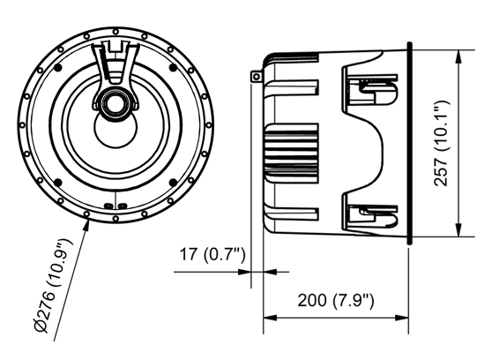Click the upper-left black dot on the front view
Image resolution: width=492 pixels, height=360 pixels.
pos(59,68)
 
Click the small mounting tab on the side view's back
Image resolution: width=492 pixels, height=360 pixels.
pos(257,77)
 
